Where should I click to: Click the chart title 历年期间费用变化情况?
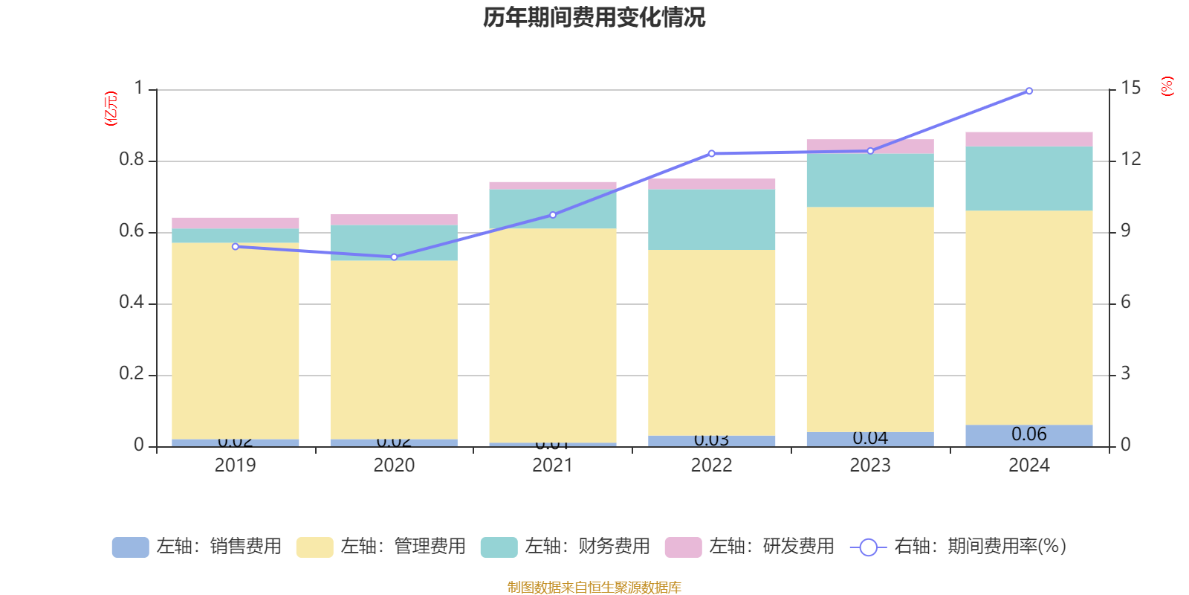click(594, 17)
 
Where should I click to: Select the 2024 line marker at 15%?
click(1028, 91)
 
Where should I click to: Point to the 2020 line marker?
click(394, 257)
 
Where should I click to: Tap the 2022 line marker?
click(711, 154)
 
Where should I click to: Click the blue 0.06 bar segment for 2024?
click(1028, 435)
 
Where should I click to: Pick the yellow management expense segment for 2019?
click(235, 341)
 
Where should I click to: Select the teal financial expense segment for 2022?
click(711, 219)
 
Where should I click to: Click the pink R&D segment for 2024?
click(1028, 139)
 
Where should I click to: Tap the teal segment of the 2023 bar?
click(869, 180)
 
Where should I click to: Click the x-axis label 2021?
click(552, 466)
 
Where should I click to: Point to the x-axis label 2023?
click(869, 466)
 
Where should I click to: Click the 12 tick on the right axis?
click(1131, 159)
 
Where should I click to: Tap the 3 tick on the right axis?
click(1125, 373)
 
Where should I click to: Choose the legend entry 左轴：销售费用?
click(197, 547)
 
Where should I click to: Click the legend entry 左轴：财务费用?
click(566, 547)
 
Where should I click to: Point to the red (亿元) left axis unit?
click(111, 109)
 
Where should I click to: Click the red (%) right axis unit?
click(1167, 86)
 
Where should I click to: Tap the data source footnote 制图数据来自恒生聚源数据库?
click(594, 588)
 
